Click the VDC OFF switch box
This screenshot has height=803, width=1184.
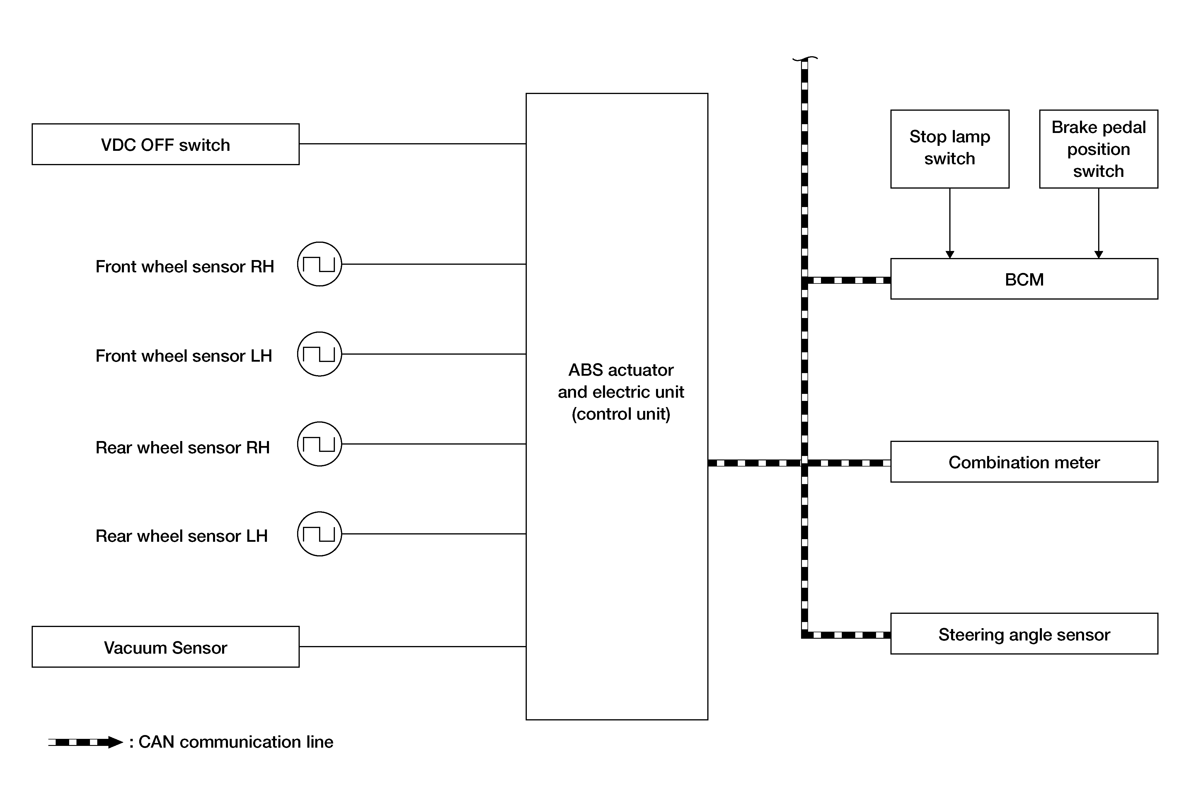click(x=166, y=144)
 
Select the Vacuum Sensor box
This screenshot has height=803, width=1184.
click(x=166, y=647)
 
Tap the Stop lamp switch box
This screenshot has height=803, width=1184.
click(x=950, y=149)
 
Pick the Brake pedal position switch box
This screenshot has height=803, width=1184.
click(x=1098, y=149)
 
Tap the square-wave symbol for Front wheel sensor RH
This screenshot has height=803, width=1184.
click(x=319, y=264)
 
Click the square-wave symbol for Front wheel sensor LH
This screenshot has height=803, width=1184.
click(x=319, y=354)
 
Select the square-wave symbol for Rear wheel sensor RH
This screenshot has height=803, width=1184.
click(x=319, y=443)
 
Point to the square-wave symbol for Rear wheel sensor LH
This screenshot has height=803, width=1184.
click(x=319, y=534)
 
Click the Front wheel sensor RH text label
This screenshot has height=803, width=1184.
click(x=185, y=266)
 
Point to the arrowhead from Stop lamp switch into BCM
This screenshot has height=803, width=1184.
click(x=950, y=254)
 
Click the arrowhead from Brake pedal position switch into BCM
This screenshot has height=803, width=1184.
click(x=1098, y=254)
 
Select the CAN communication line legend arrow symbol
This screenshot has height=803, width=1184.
click(x=86, y=742)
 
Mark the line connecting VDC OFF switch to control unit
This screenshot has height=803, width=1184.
click(x=413, y=143)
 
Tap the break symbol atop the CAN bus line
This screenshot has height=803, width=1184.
click(x=805, y=59)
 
